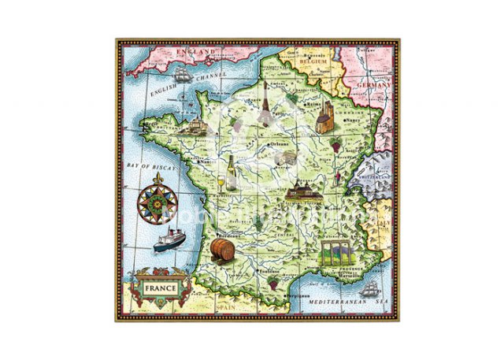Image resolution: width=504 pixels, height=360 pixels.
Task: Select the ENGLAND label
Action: click(x=196, y=51)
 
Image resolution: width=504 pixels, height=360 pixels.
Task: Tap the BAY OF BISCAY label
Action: click(x=153, y=167)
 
